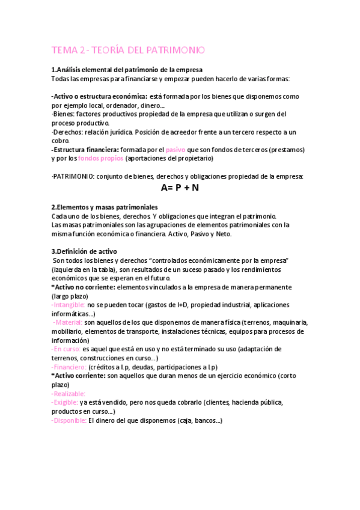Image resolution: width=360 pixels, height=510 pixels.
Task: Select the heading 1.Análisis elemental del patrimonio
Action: [127, 70]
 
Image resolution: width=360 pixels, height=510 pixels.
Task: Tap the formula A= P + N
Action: [180, 188]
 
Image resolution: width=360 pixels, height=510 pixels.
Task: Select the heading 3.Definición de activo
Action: [85, 251]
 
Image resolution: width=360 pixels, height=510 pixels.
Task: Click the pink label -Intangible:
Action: [68, 305]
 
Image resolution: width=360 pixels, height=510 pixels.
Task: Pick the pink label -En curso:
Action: [66, 349]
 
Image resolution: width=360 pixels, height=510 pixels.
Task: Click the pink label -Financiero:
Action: [69, 367]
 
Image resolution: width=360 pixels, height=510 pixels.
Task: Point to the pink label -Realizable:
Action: [70, 393]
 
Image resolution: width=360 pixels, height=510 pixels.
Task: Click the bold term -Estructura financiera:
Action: [85, 149]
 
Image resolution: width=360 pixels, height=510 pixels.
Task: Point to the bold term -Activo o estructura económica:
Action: [99, 96]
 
